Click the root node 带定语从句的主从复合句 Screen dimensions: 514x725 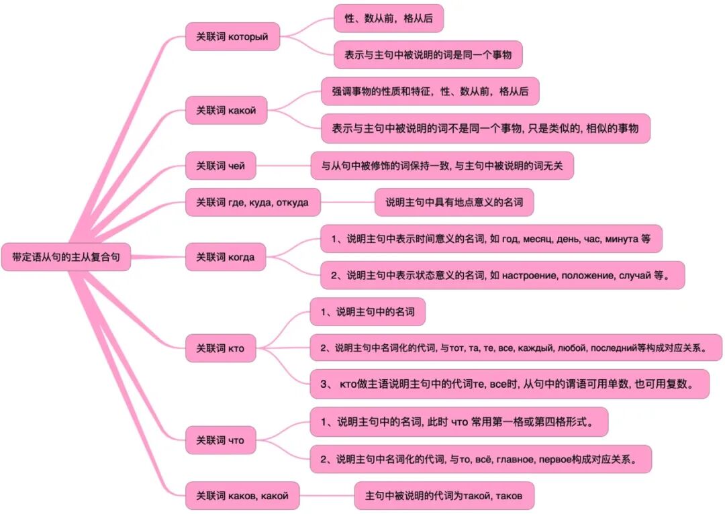click(66, 256)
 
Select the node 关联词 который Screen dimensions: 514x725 click(232, 36)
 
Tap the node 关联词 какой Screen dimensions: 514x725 click(226, 109)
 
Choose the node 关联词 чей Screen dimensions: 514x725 click(220, 165)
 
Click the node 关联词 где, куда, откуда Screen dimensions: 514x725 click(252, 202)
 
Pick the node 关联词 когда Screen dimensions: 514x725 click(226, 257)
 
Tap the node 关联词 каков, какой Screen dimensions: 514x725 click(242, 496)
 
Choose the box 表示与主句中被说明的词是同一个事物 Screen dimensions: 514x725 click(428, 54)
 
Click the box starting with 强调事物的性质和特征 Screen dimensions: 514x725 click(430, 91)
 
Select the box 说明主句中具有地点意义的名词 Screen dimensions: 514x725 click(454, 201)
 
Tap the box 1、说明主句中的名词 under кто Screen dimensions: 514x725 click(367, 311)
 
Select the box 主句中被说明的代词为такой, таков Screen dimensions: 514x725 click(444, 496)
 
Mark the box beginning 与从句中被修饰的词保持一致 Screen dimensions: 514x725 click(442, 165)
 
